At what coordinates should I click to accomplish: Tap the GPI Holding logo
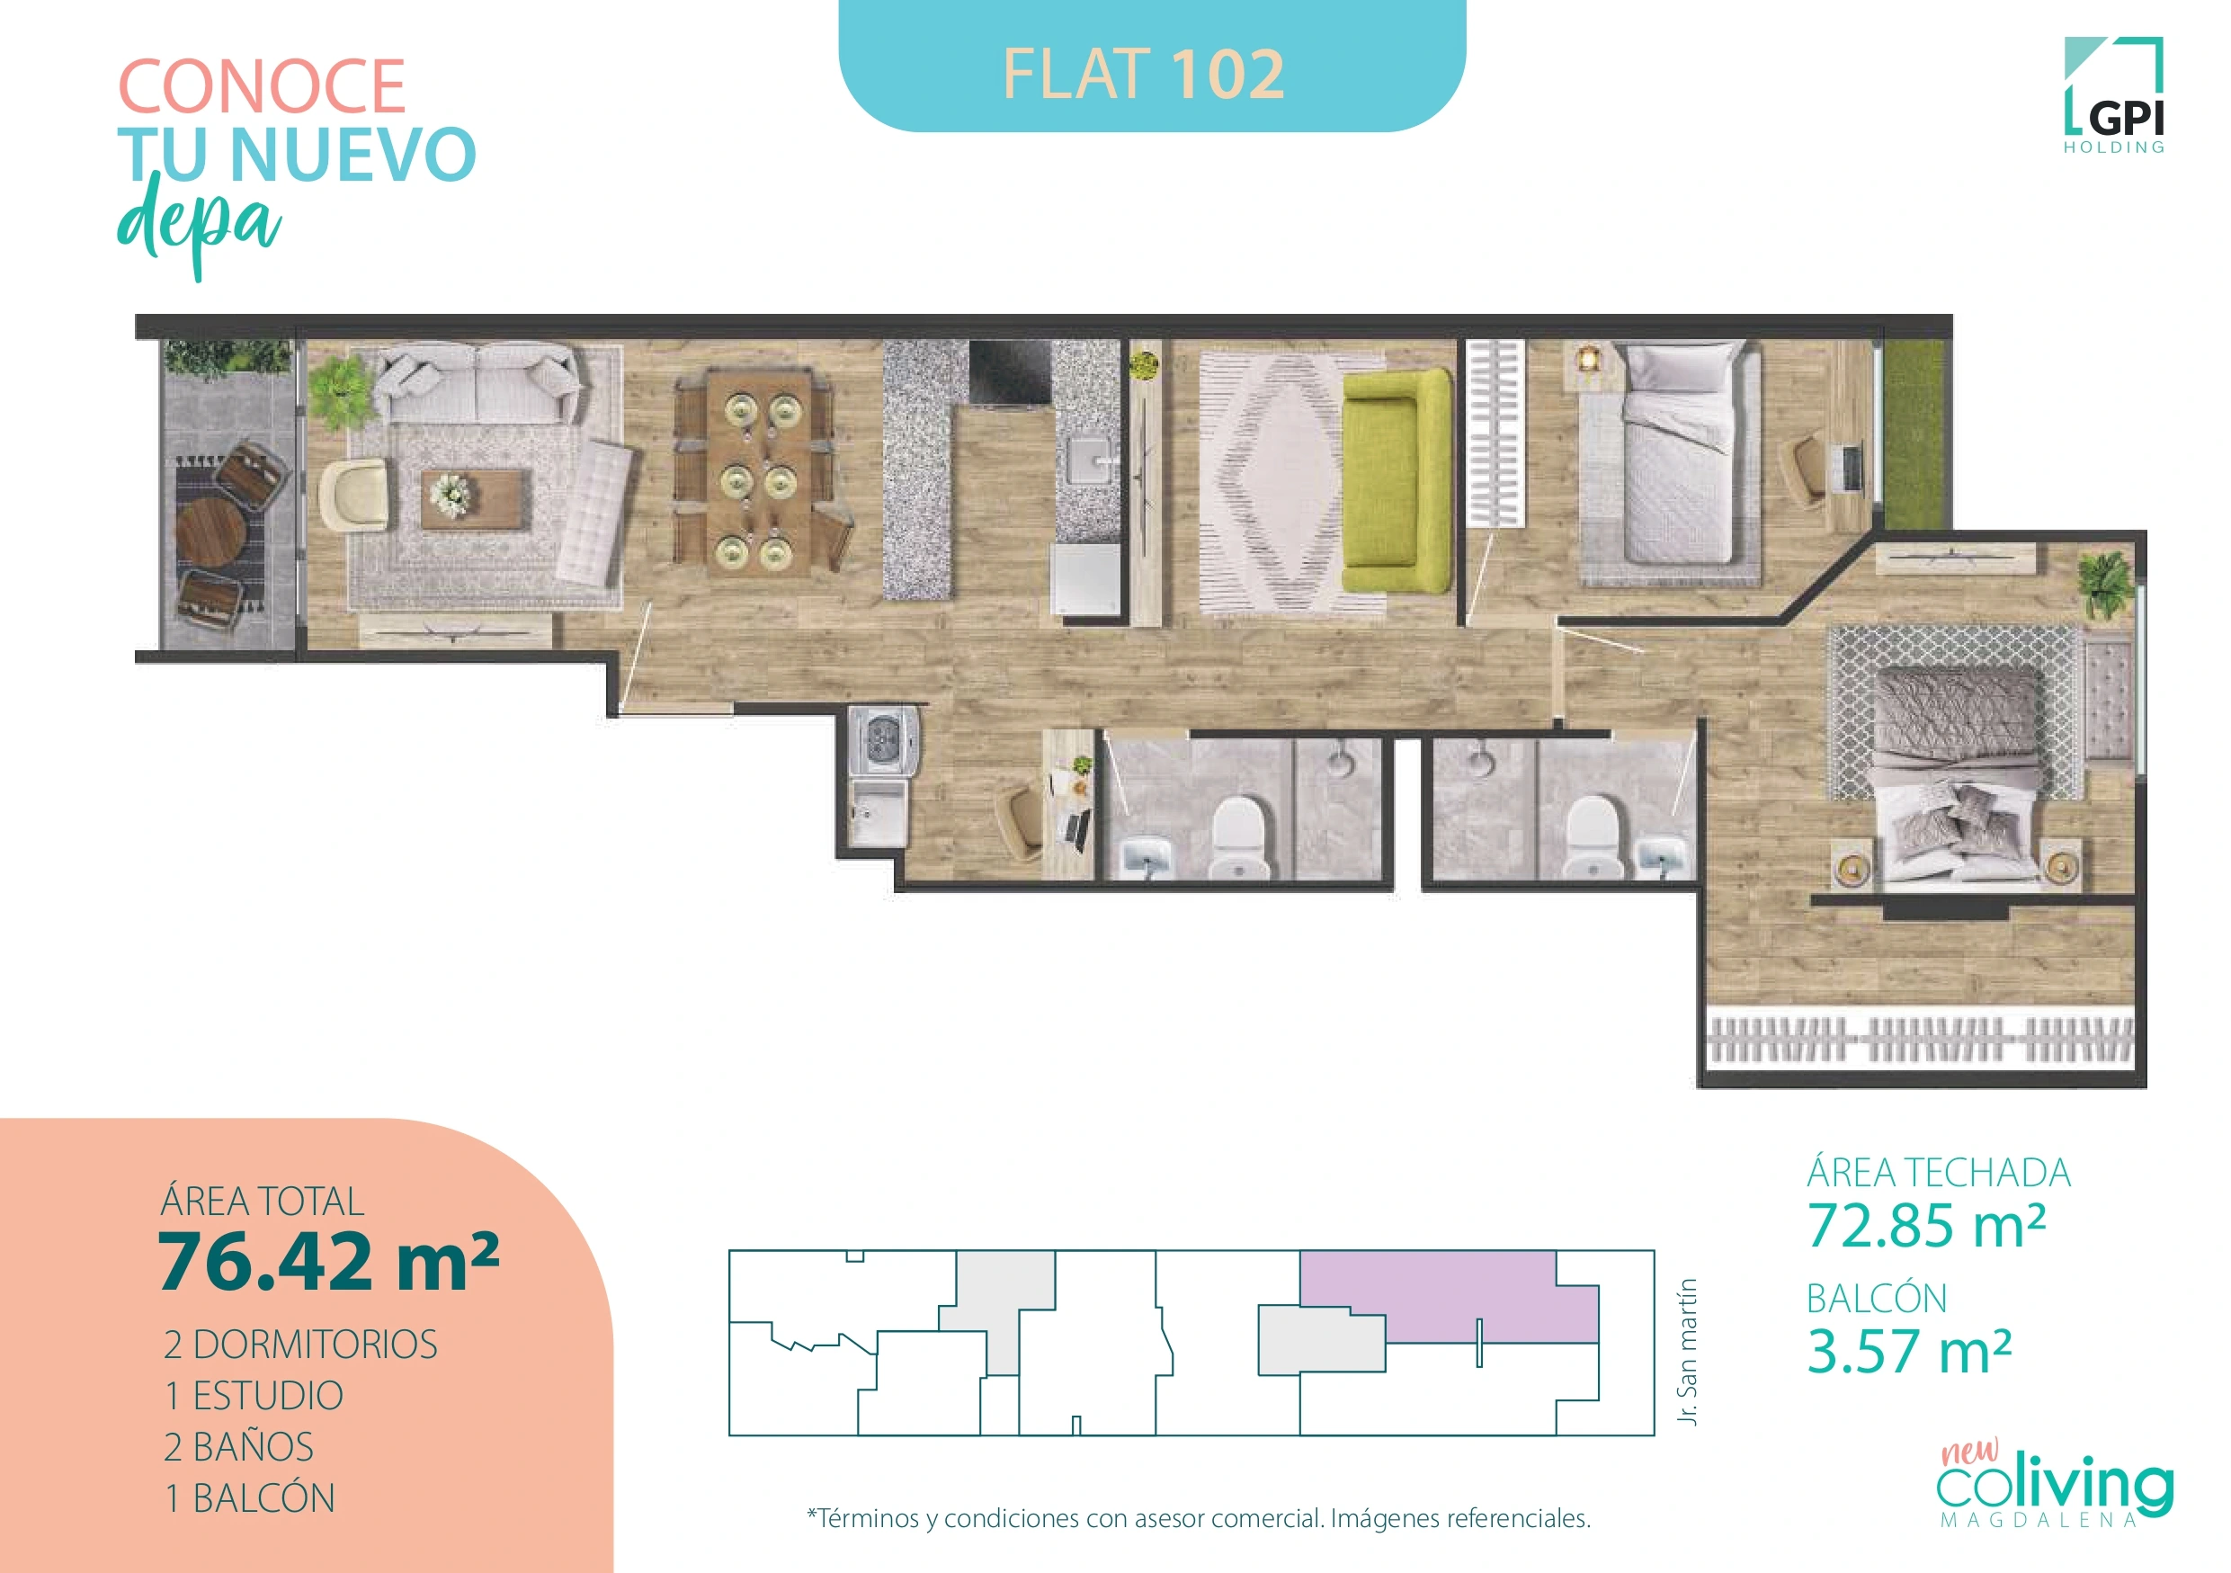[x=2114, y=97]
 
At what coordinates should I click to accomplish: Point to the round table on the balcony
[x=210, y=533]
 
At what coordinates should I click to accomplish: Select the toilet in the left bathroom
[x=1239, y=836]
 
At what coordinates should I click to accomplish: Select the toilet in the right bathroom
[x=1593, y=835]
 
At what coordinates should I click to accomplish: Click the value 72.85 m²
[x=1926, y=1225]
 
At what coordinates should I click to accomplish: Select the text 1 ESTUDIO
[x=254, y=1395]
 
